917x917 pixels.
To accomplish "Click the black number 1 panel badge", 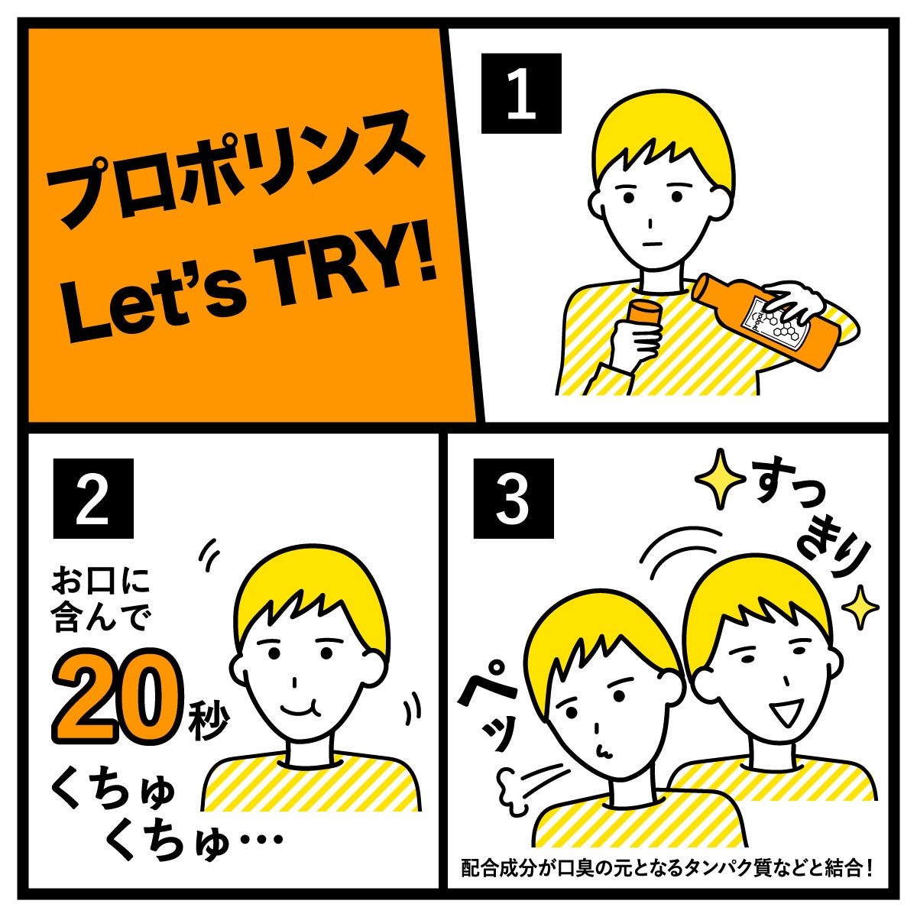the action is pos(521,93).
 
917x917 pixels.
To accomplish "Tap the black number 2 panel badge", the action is pos(93,498).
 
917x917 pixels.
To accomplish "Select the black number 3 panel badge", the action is pos(514,498).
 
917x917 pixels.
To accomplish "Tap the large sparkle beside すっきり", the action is pos(720,478).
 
